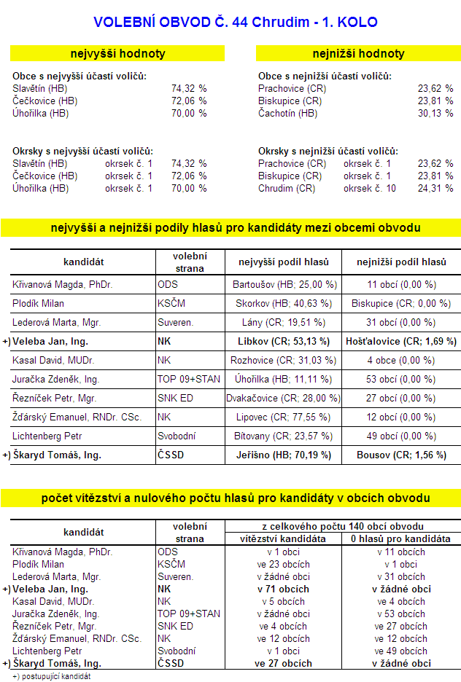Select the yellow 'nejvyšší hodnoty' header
[117, 53]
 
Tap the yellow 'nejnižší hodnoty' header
[358, 53]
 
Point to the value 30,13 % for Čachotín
[435, 113]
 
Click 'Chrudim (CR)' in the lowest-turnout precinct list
[287, 188]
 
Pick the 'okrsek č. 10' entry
[370, 188]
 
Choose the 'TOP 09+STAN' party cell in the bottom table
[188, 614]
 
